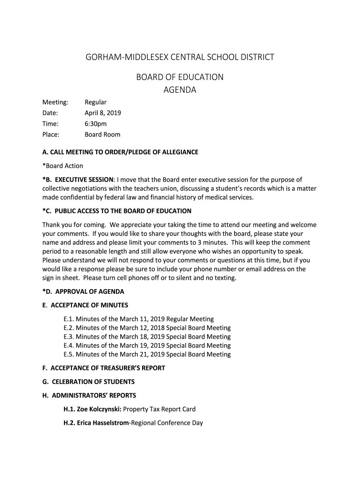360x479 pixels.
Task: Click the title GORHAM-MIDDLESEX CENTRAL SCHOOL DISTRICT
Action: click(x=180, y=57)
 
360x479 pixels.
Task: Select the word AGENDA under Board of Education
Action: click(x=180, y=90)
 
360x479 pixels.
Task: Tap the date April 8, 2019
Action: click(x=102, y=113)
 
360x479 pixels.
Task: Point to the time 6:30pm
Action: click(x=95, y=123)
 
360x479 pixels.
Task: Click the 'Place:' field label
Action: click(x=51, y=135)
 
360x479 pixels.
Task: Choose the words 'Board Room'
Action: click(x=102, y=135)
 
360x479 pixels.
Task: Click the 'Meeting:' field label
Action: click(x=55, y=102)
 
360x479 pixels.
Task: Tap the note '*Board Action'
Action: click(x=63, y=166)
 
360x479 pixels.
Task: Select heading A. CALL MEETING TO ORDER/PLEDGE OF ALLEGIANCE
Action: click(x=120, y=152)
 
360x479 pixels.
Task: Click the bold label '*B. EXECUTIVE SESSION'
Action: click(x=78, y=179)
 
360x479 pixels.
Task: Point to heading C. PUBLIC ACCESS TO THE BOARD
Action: click(x=117, y=211)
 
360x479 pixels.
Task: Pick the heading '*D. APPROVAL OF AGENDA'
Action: click(x=83, y=291)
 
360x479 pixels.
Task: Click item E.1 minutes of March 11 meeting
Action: click(x=138, y=319)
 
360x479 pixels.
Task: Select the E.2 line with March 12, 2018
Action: click(x=147, y=328)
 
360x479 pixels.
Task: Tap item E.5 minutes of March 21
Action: click(x=147, y=354)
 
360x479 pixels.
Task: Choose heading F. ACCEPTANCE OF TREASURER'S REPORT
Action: click(x=103, y=368)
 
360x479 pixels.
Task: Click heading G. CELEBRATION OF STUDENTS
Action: click(x=88, y=382)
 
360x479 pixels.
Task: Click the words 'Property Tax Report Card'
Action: click(x=159, y=409)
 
